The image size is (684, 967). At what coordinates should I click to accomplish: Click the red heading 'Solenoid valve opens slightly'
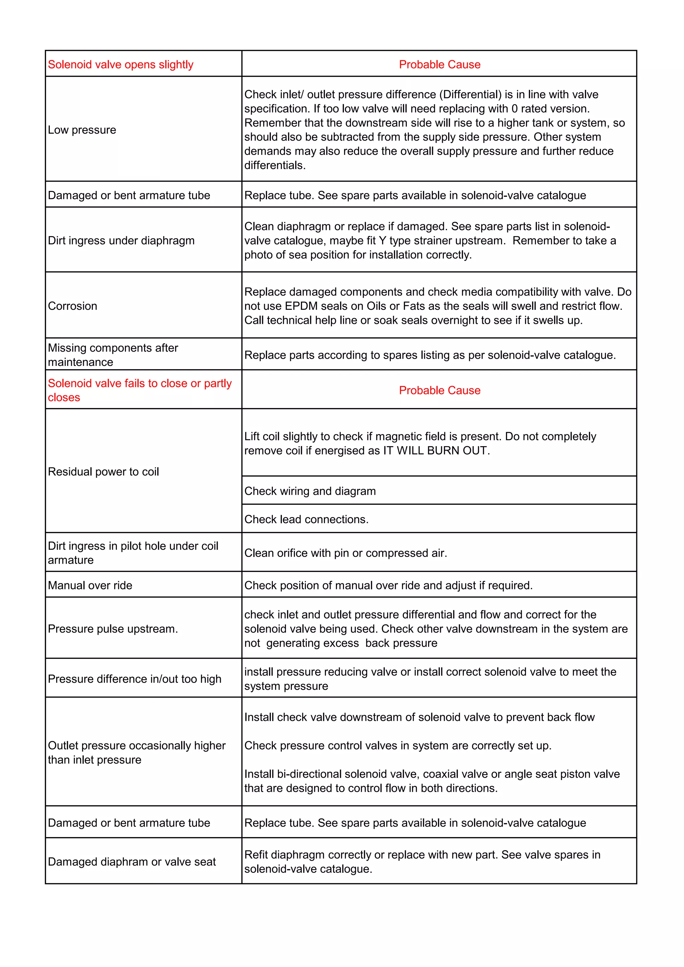click(121, 64)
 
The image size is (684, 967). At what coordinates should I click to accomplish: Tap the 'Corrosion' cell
click(72, 306)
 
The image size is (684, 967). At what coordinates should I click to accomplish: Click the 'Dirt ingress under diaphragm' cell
click(121, 240)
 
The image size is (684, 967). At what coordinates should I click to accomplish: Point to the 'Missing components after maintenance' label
click(113, 355)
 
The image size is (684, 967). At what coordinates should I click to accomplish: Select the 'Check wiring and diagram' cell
click(310, 491)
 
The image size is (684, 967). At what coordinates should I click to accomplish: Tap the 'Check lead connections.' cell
click(306, 519)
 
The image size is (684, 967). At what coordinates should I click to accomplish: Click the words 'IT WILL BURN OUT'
click(436, 451)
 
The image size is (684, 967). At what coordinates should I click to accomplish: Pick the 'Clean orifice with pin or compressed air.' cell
click(345, 553)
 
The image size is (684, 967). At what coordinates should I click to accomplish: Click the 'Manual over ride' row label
click(90, 585)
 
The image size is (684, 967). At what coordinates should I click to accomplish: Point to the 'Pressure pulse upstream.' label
click(113, 629)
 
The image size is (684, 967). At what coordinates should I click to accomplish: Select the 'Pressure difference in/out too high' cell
click(135, 679)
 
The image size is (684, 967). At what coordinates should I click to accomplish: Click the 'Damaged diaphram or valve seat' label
click(132, 862)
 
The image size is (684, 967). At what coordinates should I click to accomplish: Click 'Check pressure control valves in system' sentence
click(397, 746)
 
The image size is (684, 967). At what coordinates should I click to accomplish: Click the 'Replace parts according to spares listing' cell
click(430, 355)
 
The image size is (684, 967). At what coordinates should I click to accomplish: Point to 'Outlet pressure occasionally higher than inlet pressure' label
click(137, 753)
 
